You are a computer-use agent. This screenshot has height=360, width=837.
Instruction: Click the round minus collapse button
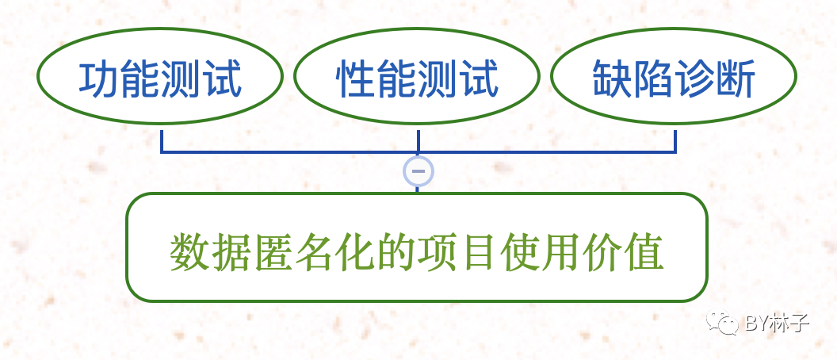click(x=418, y=170)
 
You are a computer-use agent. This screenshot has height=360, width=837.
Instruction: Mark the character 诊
click(x=695, y=79)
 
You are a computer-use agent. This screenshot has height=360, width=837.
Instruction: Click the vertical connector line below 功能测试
click(x=162, y=140)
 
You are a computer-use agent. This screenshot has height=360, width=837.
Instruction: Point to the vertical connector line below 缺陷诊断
click(x=675, y=140)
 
